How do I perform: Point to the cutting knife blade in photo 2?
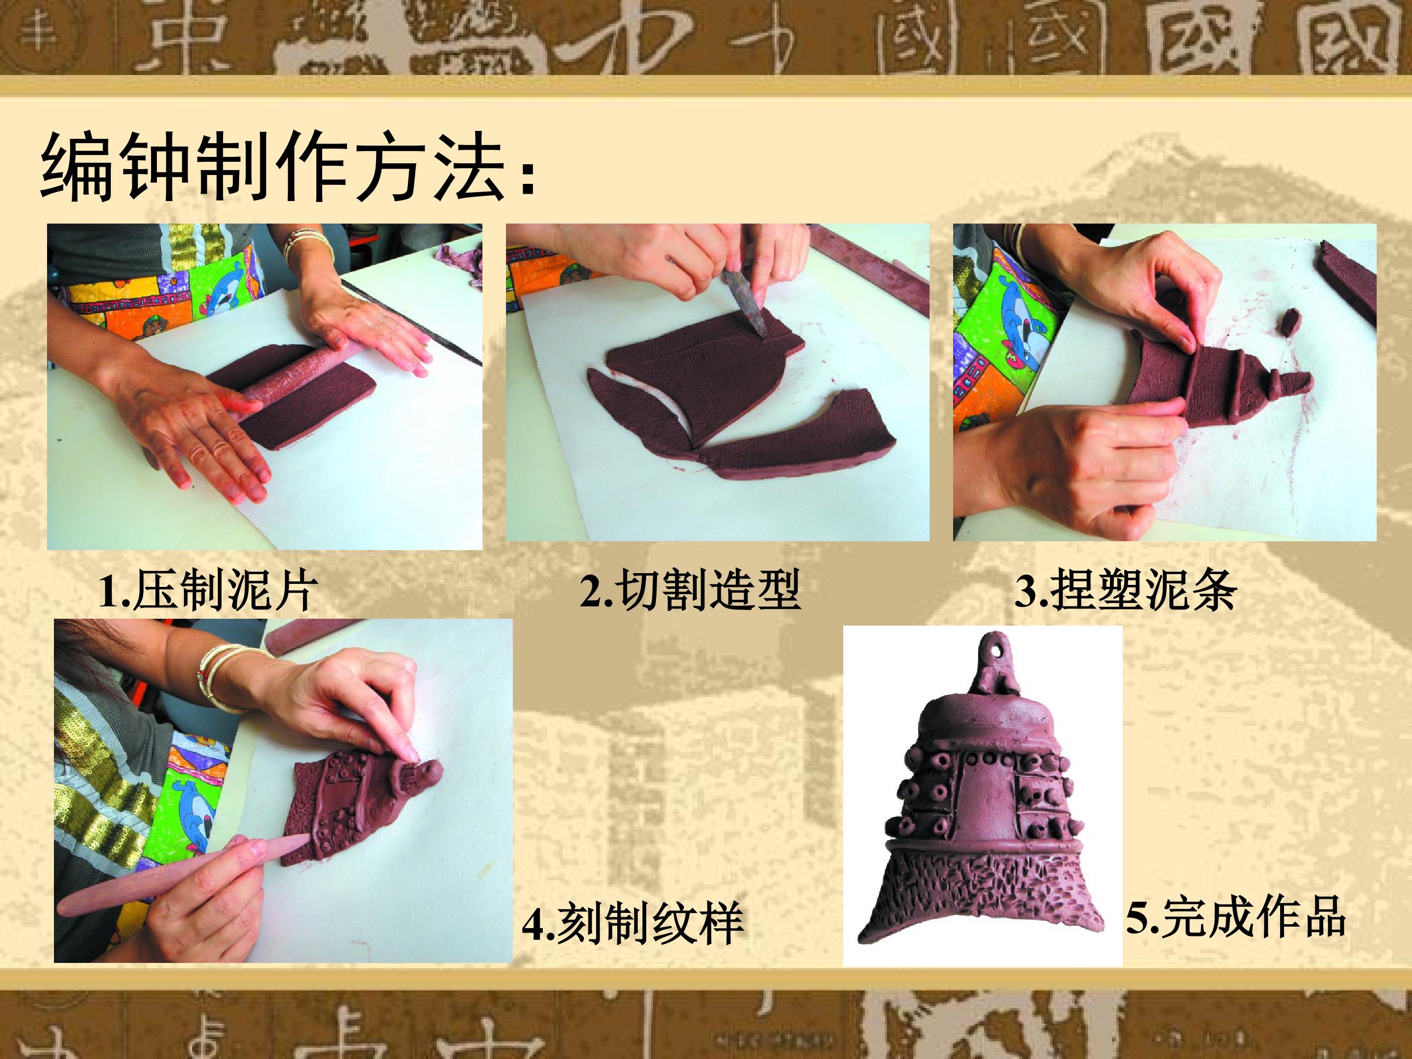pyautogui.click(x=746, y=303)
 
